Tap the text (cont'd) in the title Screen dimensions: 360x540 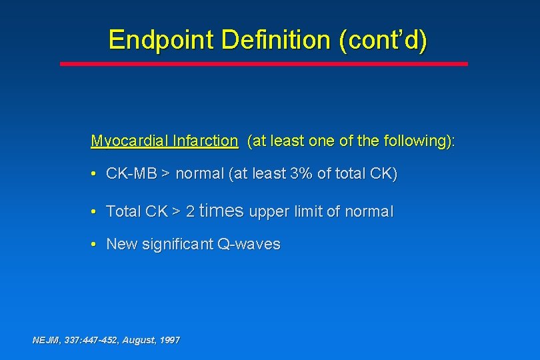click(383, 40)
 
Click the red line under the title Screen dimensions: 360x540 click(264, 64)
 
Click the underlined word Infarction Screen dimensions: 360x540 click(204, 141)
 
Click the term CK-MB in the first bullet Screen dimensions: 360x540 click(131, 175)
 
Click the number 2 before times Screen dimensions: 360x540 click(190, 212)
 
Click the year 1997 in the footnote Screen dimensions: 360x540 click(169, 340)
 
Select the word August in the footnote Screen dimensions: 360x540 click(139, 340)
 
